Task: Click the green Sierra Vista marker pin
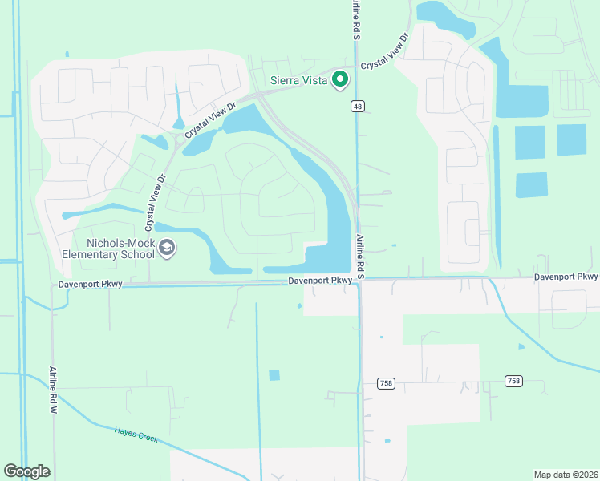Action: pos(339,79)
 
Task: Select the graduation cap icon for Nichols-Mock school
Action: pos(167,249)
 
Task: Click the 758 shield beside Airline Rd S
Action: pos(386,383)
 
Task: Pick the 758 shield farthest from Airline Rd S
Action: pos(513,381)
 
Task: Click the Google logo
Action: pos(26,471)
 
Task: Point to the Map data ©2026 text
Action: pos(566,475)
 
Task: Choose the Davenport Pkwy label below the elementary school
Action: pos(90,285)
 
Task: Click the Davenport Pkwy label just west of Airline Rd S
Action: pos(320,280)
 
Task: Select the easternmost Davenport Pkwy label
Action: pos(566,277)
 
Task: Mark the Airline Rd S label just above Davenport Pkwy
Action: pos(360,256)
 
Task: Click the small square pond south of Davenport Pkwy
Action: pos(274,374)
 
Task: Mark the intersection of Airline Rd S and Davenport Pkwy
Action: pos(359,279)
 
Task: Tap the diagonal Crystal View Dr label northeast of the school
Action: pos(210,119)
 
